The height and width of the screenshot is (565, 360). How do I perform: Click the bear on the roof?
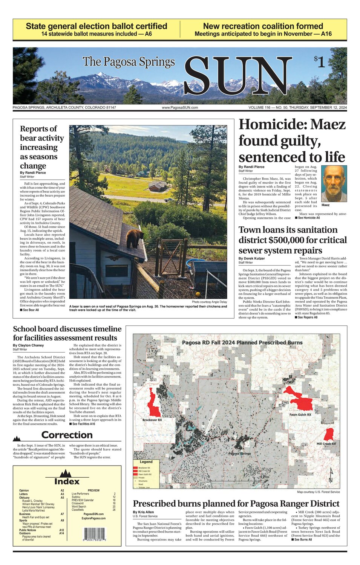(x=135, y=238)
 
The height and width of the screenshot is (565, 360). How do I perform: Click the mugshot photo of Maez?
(x=334, y=183)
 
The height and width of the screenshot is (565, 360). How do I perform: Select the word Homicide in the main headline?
(x=272, y=124)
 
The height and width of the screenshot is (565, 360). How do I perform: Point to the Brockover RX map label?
(x=152, y=420)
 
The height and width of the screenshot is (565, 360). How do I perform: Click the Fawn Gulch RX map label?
(x=300, y=414)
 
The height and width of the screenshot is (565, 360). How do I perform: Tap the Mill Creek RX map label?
(x=326, y=444)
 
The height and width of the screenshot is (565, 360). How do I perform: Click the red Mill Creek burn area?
(x=329, y=434)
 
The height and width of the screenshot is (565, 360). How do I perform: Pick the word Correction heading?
(x=67, y=435)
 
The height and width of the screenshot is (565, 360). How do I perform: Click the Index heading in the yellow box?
(x=67, y=481)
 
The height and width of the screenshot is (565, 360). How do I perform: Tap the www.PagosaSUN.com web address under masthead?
(x=179, y=108)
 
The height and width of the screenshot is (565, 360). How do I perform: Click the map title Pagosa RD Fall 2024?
(x=242, y=342)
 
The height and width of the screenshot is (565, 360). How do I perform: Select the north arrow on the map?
(x=331, y=475)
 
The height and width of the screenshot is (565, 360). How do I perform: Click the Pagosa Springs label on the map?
(x=239, y=453)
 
